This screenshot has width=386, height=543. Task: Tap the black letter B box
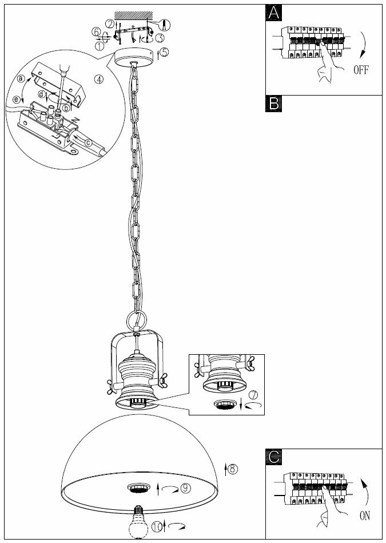point(274,103)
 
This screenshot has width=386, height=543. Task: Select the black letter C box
point(274,456)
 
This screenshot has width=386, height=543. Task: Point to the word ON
point(364,516)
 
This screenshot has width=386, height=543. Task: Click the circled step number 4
point(100,80)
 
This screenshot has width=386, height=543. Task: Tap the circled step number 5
point(164,52)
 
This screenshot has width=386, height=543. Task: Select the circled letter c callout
point(88,142)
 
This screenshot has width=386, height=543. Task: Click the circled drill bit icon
point(164,25)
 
